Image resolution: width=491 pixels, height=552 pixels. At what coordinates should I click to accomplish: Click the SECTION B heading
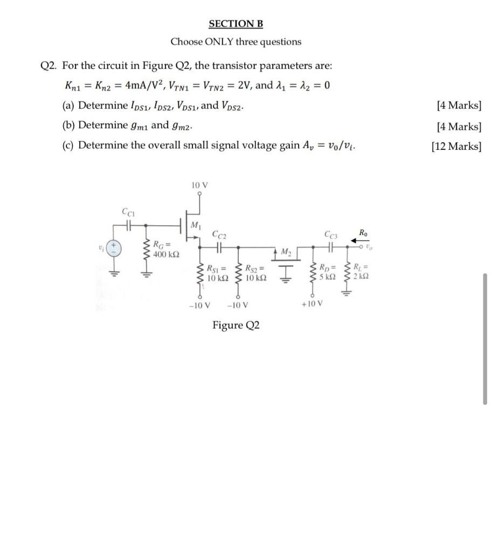pos(236,24)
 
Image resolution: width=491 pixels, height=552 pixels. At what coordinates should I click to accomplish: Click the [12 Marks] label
pos(456,146)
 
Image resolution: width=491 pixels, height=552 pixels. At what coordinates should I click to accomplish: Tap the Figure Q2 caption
pos(236,325)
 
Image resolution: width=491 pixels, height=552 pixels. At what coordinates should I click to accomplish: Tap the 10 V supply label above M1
pos(199,185)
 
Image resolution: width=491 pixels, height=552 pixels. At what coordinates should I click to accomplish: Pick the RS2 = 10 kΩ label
pos(254,273)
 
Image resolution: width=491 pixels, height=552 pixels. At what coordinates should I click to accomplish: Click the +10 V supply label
pos(313,303)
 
